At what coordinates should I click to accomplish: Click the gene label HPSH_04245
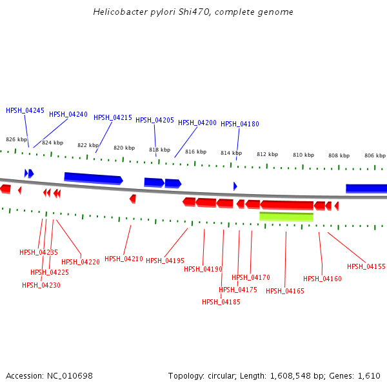pos(25,110)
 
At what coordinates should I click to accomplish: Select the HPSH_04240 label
pos(68,114)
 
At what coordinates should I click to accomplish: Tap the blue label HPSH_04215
pos(113,117)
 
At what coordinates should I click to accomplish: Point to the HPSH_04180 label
pos(240,124)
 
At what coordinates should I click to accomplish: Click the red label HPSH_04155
pos(366,266)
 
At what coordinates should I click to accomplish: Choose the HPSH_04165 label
pos(284,291)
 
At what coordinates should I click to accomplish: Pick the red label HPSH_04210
pos(124,259)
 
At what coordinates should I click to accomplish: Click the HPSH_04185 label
pos(221,301)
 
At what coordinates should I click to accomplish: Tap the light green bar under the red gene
pos(286,217)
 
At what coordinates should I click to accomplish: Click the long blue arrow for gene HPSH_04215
pos(93,178)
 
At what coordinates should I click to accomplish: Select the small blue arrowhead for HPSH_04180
pos(235,186)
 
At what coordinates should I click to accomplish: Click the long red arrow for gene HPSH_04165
pos(287,205)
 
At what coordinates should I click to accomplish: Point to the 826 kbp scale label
pos(16,139)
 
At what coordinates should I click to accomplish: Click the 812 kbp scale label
pos(266,154)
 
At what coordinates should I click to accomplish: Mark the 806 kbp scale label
pos(374,155)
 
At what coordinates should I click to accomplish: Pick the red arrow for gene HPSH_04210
pos(133,199)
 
